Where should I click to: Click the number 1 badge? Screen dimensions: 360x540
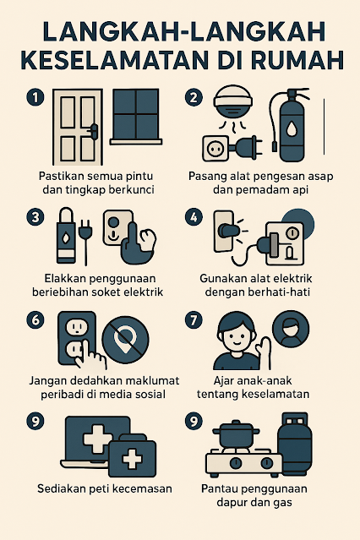35,97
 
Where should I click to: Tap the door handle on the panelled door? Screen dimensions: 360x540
93,131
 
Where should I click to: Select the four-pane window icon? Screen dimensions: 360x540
136,117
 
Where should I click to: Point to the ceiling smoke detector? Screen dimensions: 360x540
233,102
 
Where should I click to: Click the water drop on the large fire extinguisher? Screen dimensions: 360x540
292,130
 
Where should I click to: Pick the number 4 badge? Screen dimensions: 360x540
194,218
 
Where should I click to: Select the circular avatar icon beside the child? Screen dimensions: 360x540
291,329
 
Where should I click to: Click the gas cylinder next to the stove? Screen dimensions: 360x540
295,444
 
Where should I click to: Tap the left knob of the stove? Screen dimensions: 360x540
236,462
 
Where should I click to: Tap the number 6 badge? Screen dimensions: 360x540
35,320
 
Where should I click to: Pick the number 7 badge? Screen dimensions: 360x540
194,320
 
